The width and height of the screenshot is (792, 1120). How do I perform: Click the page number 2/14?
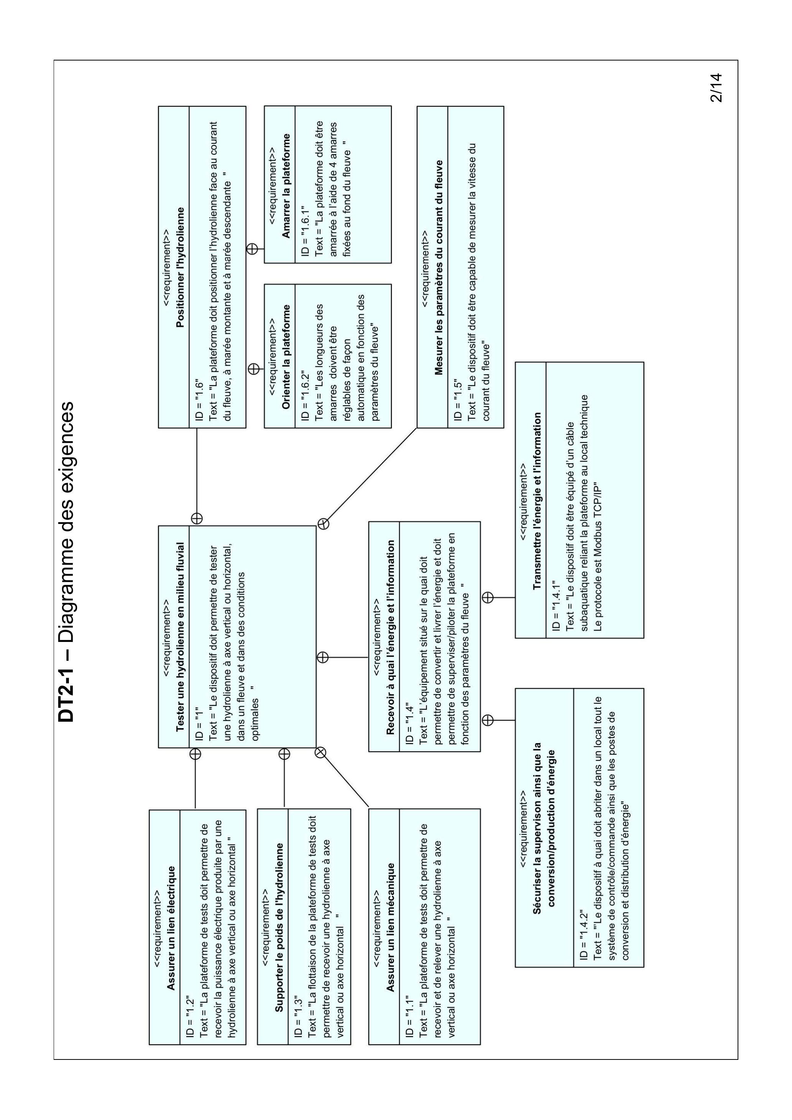coord(715,88)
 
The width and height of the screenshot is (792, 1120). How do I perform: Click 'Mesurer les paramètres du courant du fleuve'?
coord(439,267)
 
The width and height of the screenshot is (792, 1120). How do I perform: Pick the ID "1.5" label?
coord(458,400)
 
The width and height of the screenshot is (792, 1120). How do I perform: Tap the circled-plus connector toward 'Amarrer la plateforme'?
coord(252,249)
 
